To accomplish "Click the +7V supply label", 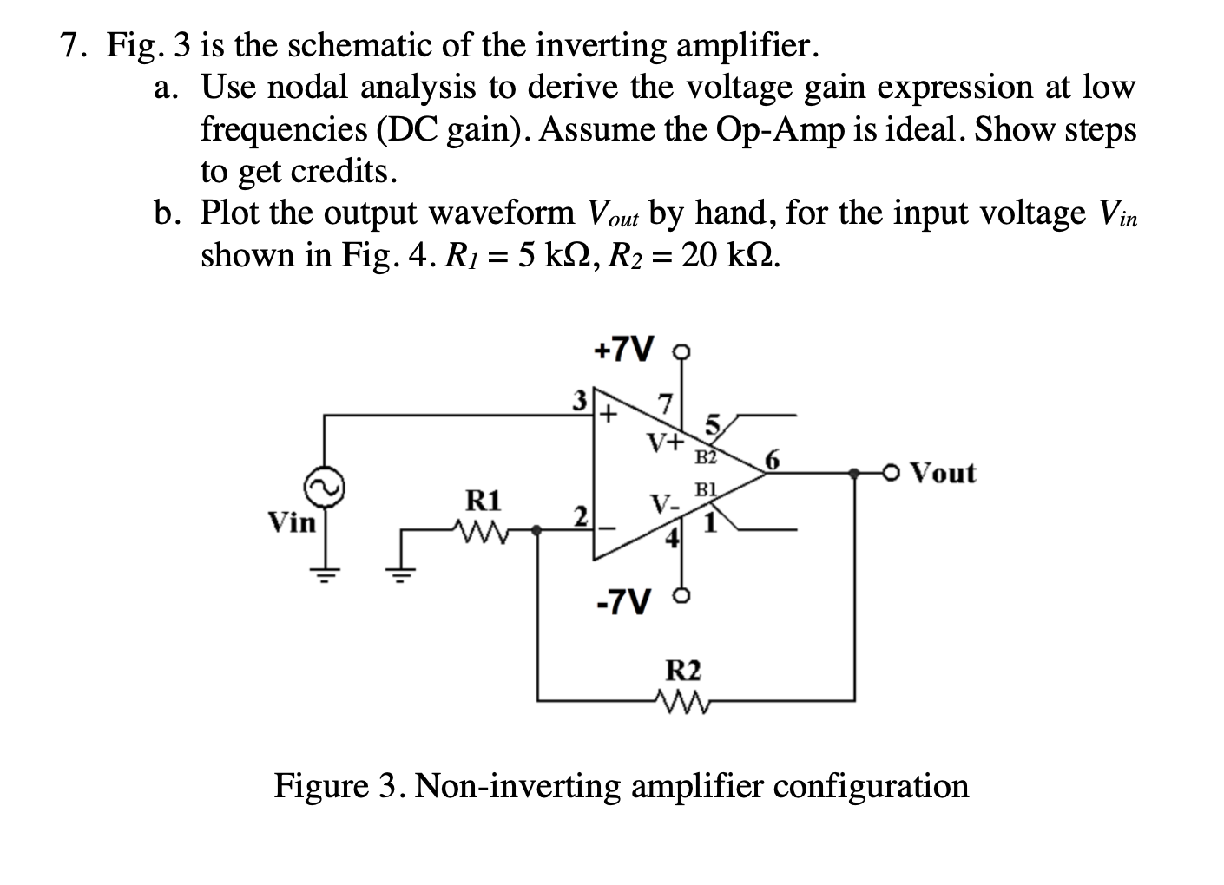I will pos(622,350).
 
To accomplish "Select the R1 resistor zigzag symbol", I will pos(477,528).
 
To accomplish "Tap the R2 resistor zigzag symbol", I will pos(681,699).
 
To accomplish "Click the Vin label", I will pos(293,522).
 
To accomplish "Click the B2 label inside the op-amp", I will pos(705,456).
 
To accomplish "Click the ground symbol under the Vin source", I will pos(326,573).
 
